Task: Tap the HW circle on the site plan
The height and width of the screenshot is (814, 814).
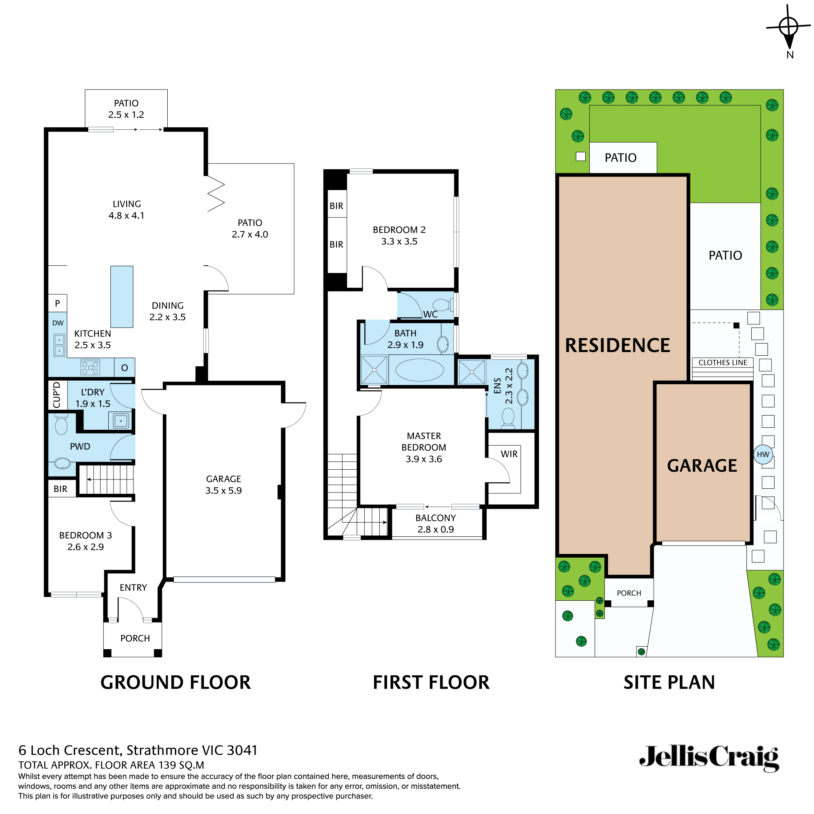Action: [x=763, y=455]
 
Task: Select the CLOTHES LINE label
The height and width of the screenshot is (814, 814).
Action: [x=722, y=363]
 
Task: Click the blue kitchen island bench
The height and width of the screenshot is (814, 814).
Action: [x=122, y=297]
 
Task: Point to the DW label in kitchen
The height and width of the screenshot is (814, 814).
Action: [x=58, y=323]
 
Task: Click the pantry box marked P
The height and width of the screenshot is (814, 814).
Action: [x=58, y=303]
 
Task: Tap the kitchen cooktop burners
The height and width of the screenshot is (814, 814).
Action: [x=90, y=367]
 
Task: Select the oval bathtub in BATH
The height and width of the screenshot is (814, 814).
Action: [x=419, y=370]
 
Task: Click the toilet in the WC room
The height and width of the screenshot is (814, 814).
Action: [x=442, y=304]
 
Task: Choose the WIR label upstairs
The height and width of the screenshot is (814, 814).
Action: [x=509, y=454]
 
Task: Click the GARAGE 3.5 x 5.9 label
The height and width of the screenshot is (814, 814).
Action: [x=223, y=484]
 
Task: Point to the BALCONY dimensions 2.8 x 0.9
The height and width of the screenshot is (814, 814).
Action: [x=435, y=530]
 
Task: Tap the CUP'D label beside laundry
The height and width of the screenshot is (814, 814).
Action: [x=57, y=395]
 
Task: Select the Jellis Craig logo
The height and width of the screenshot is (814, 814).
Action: [x=709, y=758]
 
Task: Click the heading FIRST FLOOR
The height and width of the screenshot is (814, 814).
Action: [x=431, y=682]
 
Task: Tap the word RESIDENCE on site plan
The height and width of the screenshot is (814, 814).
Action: [x=617, y=346]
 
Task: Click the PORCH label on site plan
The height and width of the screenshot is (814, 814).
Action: [x=629, y=593]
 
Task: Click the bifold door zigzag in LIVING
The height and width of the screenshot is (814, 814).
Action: [x=216, y=194]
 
